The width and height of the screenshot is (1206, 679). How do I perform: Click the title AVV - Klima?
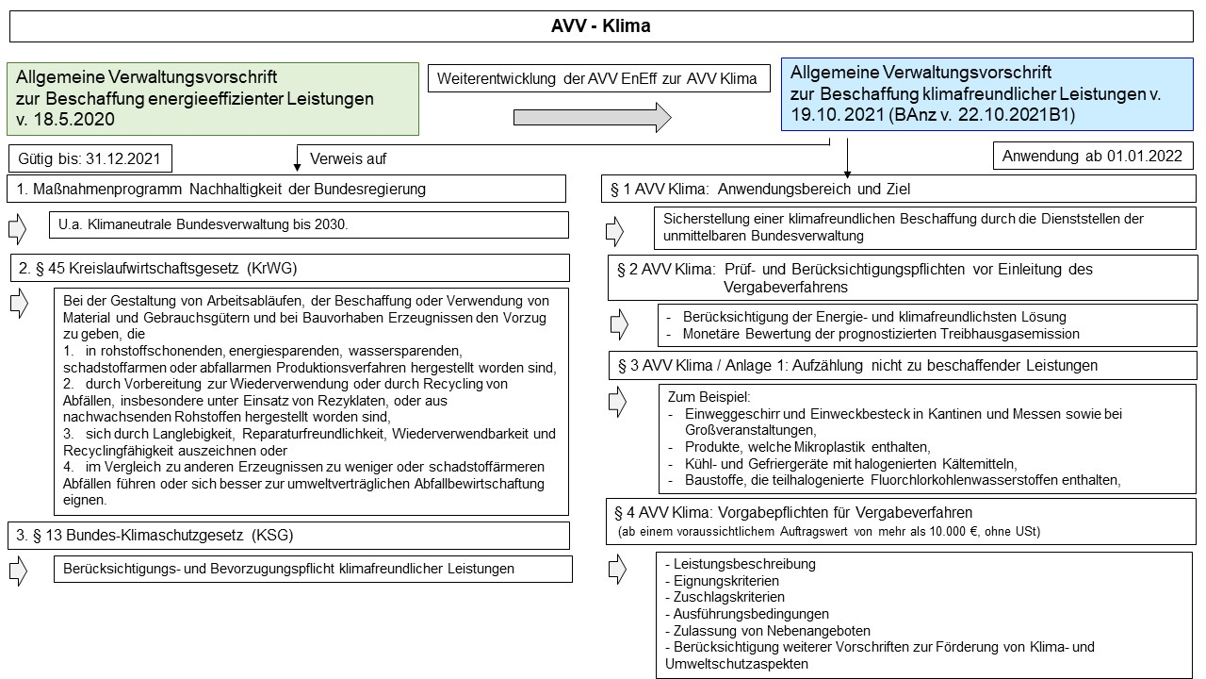click(x=600, y=26)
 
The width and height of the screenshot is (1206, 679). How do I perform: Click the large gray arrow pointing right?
click(x=592, y=117)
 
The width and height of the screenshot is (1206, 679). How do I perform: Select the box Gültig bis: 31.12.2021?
click(x=90, y=157)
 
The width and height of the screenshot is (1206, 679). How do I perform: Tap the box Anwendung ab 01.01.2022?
click(x=1093, y=156)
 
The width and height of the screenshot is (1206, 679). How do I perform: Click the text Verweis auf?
click(x=349, y=158)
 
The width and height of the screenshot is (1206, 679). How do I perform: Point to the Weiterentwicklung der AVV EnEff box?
click(x=598, y=78)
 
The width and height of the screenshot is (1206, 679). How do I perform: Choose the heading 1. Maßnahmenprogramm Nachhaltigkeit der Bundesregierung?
click(x=221, y=189)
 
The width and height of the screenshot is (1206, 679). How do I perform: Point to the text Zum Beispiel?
click(x=708, y=396)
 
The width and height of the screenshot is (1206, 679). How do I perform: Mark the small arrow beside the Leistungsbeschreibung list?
click(x=618, y=569)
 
